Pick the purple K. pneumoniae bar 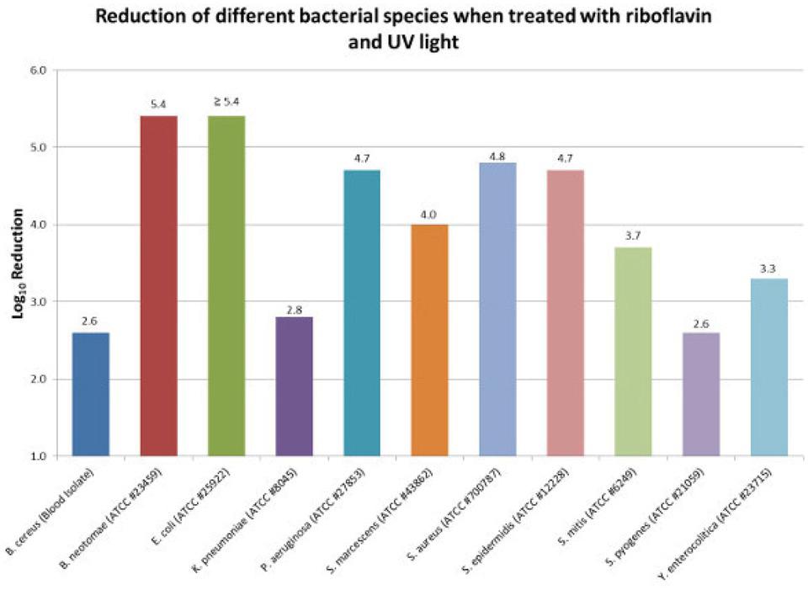pos(294,386)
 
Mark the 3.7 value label pos(633,237)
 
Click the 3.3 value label pos(768,268)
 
